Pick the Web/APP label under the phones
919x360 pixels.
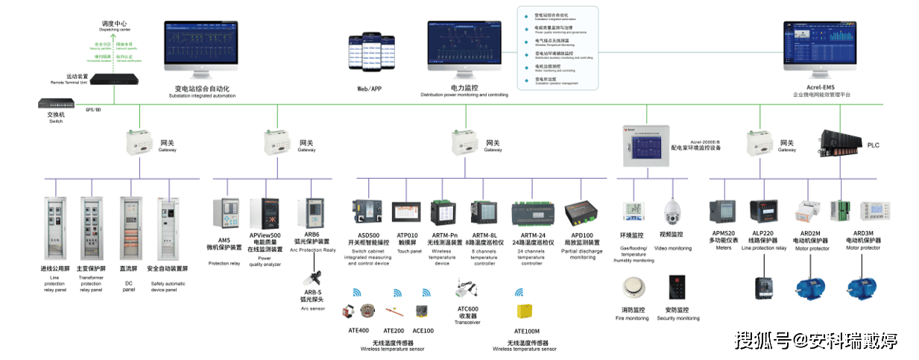(x=370, y=89)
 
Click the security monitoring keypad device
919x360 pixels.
(x=678, y=288)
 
